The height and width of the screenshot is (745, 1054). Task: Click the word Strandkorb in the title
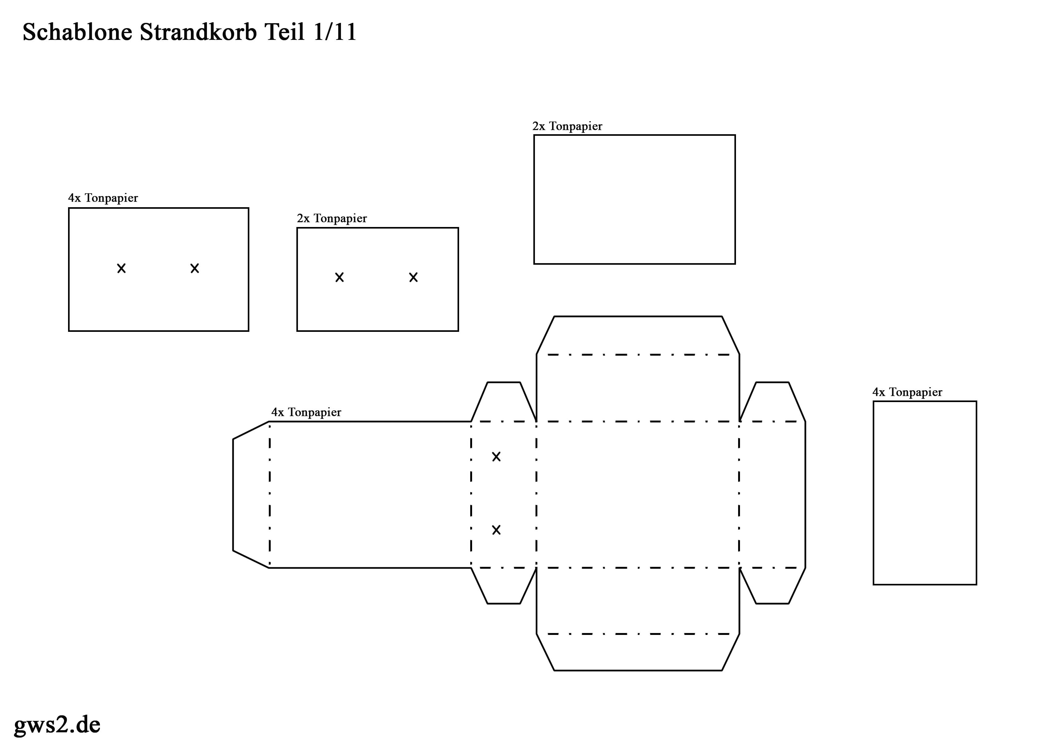(198, 32)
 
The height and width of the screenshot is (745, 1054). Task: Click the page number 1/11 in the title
(335, 32)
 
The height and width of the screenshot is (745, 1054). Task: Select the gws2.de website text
(57, 724)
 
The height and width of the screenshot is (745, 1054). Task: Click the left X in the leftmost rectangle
(121, 268)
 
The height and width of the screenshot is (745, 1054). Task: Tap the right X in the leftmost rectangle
(195, 268)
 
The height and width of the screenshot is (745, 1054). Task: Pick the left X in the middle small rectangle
(339, 277)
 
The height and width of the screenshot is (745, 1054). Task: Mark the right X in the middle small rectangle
(413, 277)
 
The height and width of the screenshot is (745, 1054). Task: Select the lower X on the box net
(496, 530)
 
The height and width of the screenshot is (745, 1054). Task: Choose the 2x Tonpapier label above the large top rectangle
(567, 126)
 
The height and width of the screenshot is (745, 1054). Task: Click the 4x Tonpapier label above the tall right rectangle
(907, 392)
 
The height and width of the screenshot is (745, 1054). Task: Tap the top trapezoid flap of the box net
(638, 335)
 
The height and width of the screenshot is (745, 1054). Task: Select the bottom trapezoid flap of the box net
(638, 652)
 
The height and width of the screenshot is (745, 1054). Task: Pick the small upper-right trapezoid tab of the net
(772, 402)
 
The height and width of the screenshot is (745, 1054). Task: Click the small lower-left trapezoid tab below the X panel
(504, 585)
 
